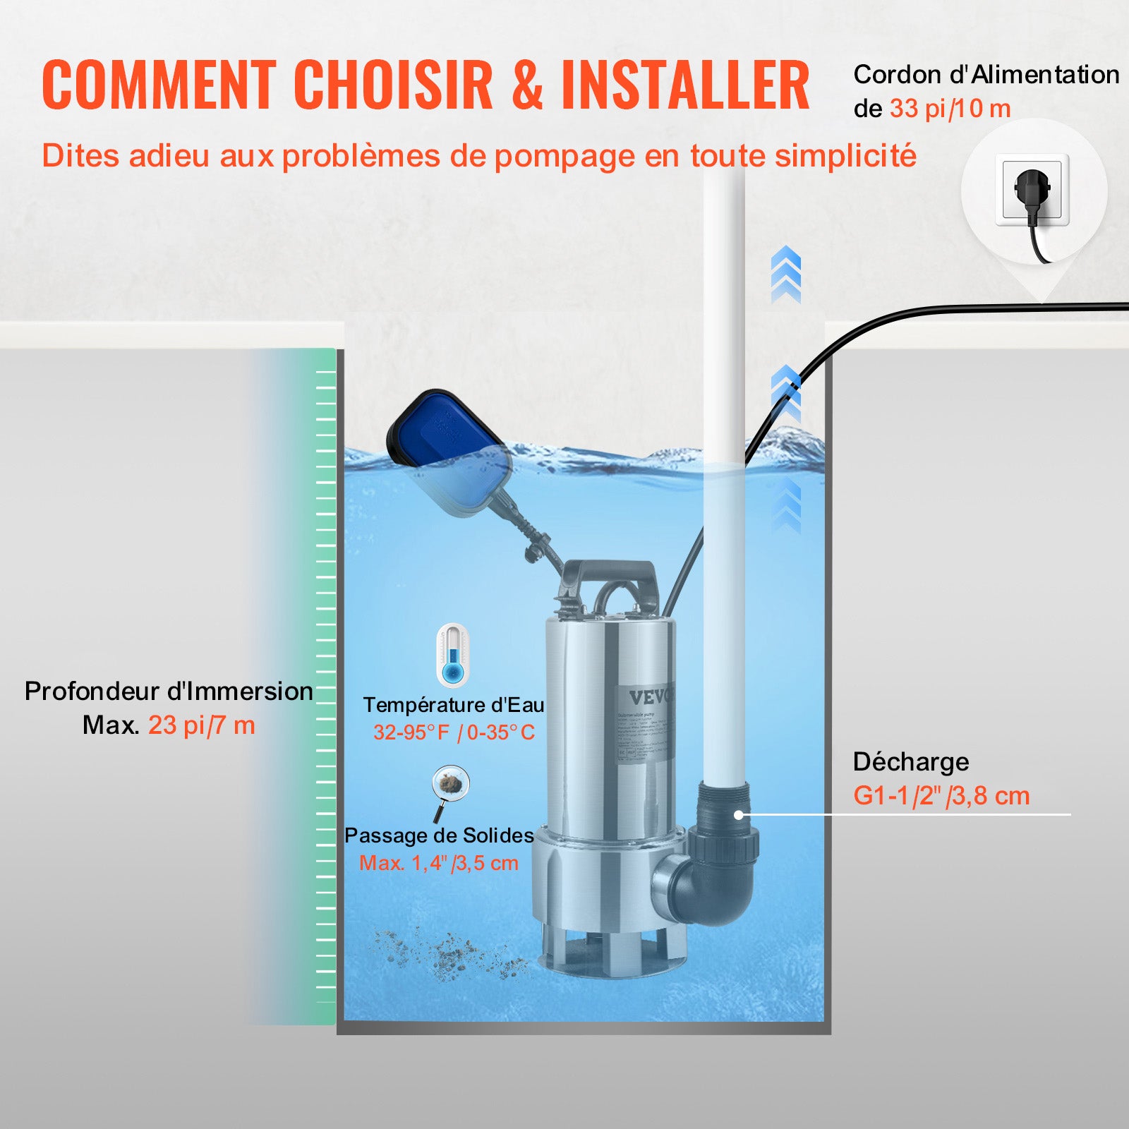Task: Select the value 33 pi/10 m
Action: pyautogui.click(x=950, y=109)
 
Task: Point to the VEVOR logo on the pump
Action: pyautogui.click(x=651, y=697)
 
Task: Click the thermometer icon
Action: pyautogui.click(x=452, y=655)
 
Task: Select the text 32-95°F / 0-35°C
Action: pyautogui.click(x=454, y=732)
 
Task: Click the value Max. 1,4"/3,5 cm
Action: pyautogui.click(x=439, y=863)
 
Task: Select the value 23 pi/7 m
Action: pyautogui.click(x=202, y=725)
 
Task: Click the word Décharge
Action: pyautogui.click(x=910, y=762)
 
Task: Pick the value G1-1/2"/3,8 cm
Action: pyautogui.click(x=941, y=796)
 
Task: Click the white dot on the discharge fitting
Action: pyautogui.click(x=738, y=815)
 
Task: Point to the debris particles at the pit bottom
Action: pyautogui.click(x=452, y=956)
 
